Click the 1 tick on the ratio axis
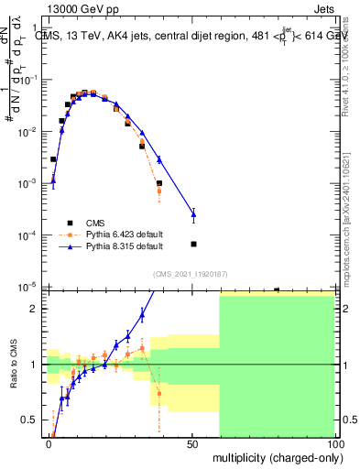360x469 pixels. pyautogui.click(x=35, y=365)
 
